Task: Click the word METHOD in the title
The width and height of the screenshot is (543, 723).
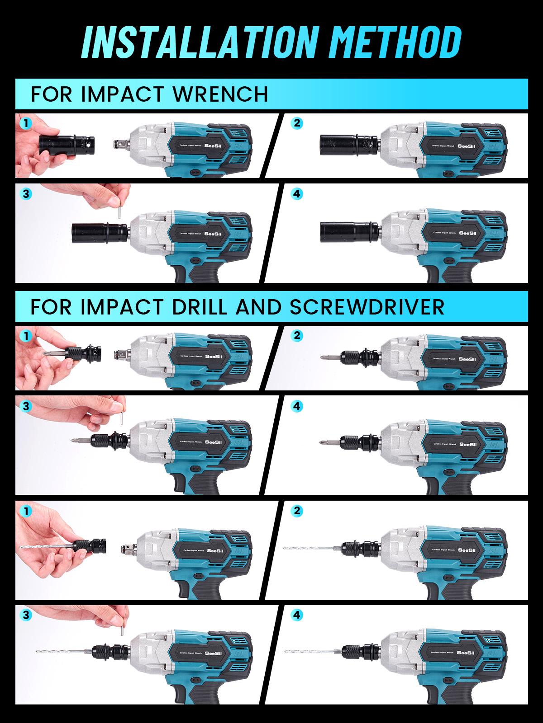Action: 384,42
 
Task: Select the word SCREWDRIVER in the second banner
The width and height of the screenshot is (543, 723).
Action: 367,306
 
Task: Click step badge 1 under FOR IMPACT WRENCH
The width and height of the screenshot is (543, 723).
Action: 26,123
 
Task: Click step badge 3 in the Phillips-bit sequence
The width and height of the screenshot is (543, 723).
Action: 26,406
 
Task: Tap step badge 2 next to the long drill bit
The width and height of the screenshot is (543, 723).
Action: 296,511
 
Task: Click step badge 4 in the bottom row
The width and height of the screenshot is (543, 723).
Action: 296,615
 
